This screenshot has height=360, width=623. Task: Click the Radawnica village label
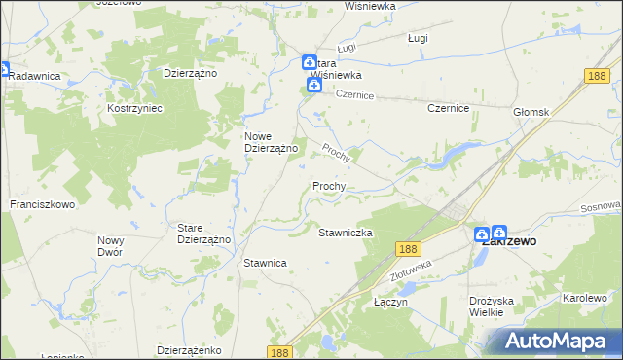[36, 76]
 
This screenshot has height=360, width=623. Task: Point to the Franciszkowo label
[43, 205]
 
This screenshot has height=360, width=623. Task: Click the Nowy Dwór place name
[110, 245]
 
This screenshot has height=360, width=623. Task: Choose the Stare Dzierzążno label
[203, 234]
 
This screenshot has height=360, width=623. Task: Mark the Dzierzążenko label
[191, 349]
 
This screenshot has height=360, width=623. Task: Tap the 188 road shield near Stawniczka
[408, 250]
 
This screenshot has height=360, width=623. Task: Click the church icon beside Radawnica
[4, 70]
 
